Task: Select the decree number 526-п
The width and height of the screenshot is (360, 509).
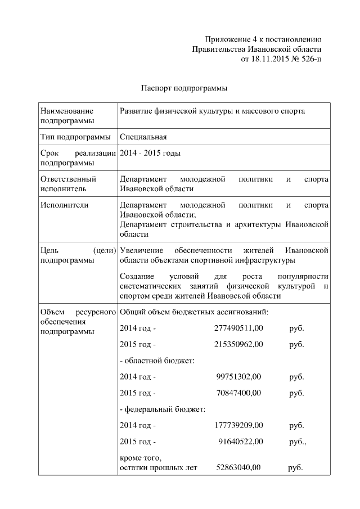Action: point(311,58)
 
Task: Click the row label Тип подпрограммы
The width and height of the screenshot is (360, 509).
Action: point(75,137)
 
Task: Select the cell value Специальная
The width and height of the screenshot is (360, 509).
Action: point(143,137)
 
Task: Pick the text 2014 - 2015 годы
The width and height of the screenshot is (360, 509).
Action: point(150,153)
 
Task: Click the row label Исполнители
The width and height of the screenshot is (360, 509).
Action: point(65,205)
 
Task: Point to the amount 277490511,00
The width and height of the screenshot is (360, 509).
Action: point(238,328)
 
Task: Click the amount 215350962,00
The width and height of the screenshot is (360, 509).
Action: point(238,344)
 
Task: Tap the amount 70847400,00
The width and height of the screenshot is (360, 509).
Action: point(238,393)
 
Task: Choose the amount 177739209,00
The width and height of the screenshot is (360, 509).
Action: point(238,426)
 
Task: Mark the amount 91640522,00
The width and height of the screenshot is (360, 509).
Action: point(240,442)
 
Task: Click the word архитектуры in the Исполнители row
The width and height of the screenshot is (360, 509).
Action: point(261,225)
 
